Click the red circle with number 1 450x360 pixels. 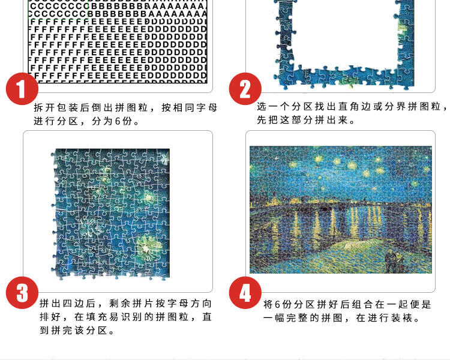22,89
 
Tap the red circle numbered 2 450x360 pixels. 245,89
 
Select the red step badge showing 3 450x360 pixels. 22,293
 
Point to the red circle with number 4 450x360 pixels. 245,293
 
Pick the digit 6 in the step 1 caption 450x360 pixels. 118,121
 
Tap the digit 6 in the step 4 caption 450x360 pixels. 278,304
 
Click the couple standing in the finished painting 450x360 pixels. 395,260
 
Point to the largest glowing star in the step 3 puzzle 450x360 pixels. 146,247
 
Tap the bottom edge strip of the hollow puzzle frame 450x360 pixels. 344,77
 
